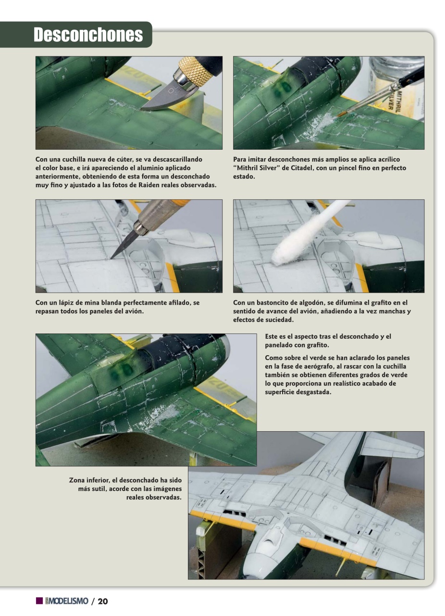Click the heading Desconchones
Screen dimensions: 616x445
(x=88, y=35)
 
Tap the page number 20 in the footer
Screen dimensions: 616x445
(x=102, y=601)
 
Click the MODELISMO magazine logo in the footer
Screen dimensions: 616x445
(x=66, y=601)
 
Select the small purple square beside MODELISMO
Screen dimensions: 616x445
(x=39, y=601)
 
